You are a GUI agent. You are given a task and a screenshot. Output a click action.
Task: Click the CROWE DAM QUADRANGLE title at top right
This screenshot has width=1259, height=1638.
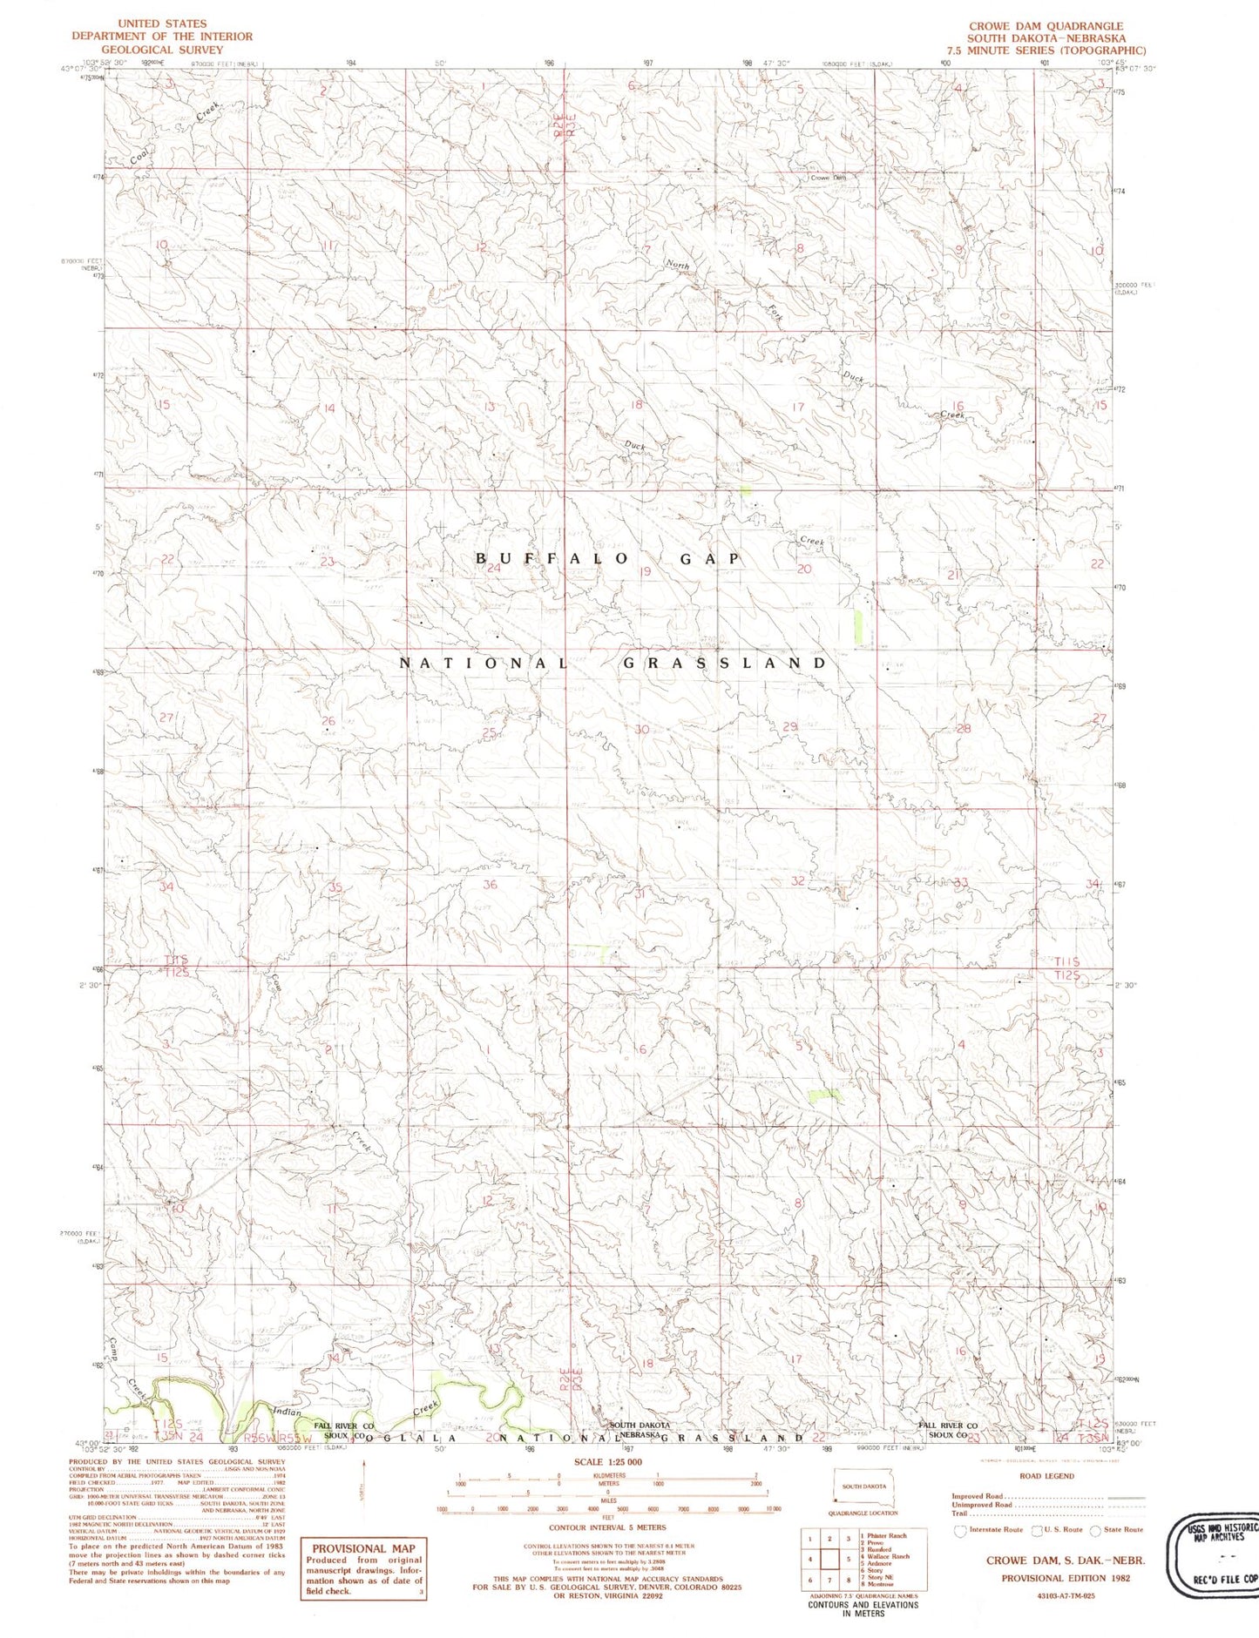1046,26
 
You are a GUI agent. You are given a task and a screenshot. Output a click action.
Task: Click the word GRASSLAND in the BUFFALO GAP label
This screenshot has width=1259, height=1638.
724,664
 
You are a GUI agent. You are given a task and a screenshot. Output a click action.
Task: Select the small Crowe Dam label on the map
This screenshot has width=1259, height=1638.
828,178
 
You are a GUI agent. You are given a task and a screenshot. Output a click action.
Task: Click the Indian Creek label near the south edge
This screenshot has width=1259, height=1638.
288,1412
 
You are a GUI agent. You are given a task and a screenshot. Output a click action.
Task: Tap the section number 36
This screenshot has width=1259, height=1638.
490,885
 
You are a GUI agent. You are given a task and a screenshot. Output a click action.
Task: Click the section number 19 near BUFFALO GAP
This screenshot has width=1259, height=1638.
645,572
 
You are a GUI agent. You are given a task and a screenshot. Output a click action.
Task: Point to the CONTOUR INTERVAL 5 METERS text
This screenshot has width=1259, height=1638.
606,1527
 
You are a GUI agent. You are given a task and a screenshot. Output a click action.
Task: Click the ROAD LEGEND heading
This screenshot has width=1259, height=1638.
1046,1476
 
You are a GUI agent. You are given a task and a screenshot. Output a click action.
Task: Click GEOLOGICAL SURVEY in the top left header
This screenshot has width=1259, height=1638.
162,49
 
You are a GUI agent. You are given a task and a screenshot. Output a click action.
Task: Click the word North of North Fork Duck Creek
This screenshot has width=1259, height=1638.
677,265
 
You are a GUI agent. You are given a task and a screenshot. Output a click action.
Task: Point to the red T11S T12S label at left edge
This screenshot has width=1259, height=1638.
175,966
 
